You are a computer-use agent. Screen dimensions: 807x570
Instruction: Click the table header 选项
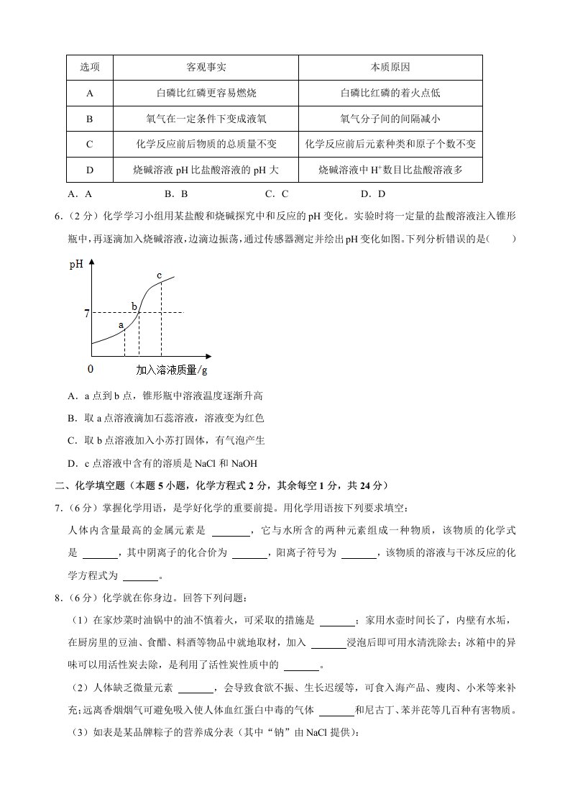tap(90, 68)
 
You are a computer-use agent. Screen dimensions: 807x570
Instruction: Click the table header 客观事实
tap(206, 68)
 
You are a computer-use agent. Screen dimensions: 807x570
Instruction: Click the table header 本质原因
tap(390, 68)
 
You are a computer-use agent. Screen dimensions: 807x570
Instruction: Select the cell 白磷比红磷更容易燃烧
tap(206, 94)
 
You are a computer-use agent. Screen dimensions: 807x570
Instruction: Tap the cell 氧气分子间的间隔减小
tap(390, 119)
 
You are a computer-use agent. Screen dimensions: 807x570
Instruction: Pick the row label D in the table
tap(90, 170)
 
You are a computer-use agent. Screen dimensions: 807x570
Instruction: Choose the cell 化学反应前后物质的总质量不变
tap(206, 145)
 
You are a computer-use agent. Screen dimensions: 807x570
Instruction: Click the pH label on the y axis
tap(76, 265)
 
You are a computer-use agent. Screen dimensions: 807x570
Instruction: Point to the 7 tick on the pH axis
tap(86, 313)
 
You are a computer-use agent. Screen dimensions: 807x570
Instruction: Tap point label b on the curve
tap(134, 306)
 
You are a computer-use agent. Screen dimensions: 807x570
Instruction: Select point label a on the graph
tap(121, 325)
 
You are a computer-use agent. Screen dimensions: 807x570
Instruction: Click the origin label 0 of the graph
tap(90, 369)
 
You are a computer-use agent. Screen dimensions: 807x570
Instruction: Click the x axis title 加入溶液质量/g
tap(172, 370)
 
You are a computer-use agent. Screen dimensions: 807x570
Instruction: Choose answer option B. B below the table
tap(176, 193)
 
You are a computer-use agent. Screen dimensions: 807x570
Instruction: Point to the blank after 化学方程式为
tap(140, 578)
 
